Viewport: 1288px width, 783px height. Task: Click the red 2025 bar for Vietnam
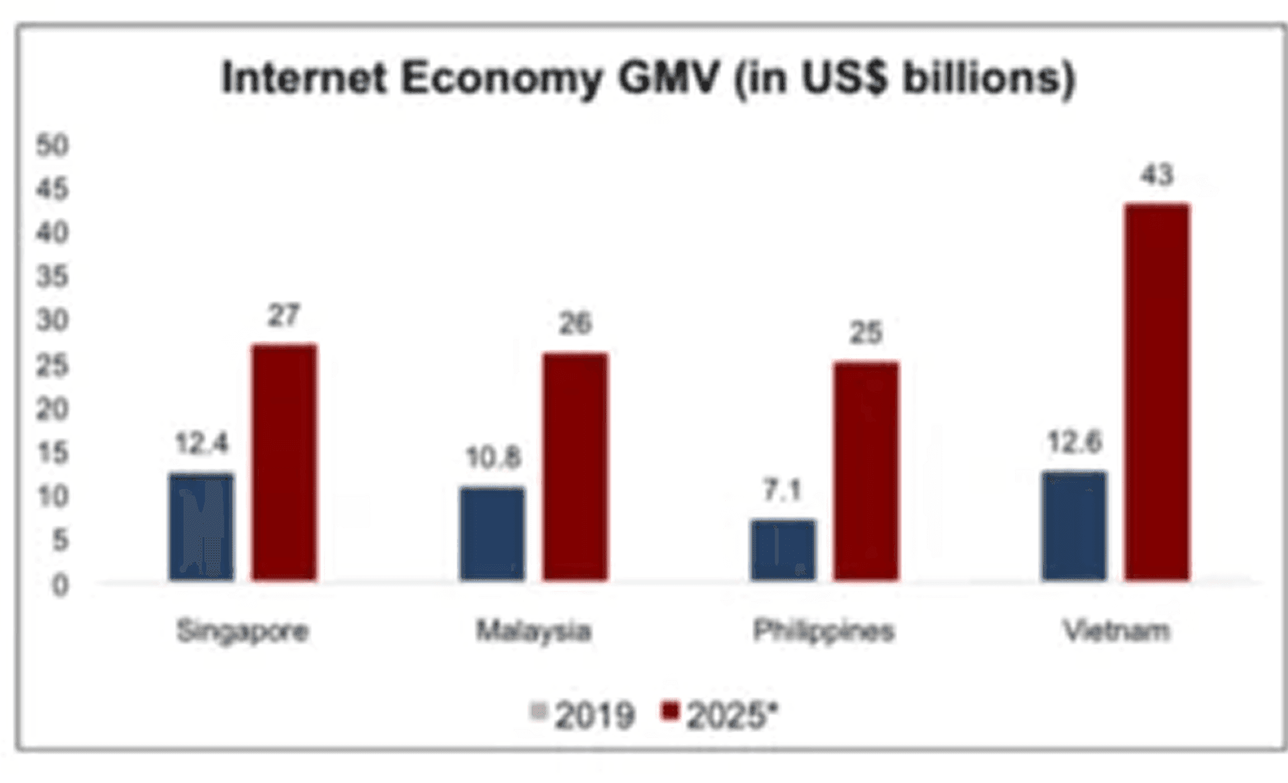click(x=1157, y=393)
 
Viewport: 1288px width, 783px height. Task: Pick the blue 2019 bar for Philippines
click(x=783, y=550)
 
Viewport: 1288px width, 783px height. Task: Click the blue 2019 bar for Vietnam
click(x=1074, y=526)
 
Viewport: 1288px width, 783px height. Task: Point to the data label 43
click(x=1157, y=175)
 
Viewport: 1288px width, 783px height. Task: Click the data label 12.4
click(x=201, y=443)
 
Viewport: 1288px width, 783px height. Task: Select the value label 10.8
click(x=493, y=457)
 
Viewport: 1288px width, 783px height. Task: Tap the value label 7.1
click(x=782, y=490)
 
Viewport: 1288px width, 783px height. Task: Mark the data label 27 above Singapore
click(x=283, y=315)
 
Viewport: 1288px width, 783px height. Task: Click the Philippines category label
click(x=823, y=631)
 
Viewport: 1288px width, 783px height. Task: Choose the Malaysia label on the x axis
click(x=533, y=631)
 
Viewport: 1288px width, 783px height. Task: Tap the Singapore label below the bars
click(x=243, y=631)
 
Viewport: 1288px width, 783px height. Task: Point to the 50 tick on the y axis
click(x=52, y=146)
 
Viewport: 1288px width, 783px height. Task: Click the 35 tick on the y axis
click(x=52, y=277)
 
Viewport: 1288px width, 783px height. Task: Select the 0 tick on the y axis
click(x=60, y=585)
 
